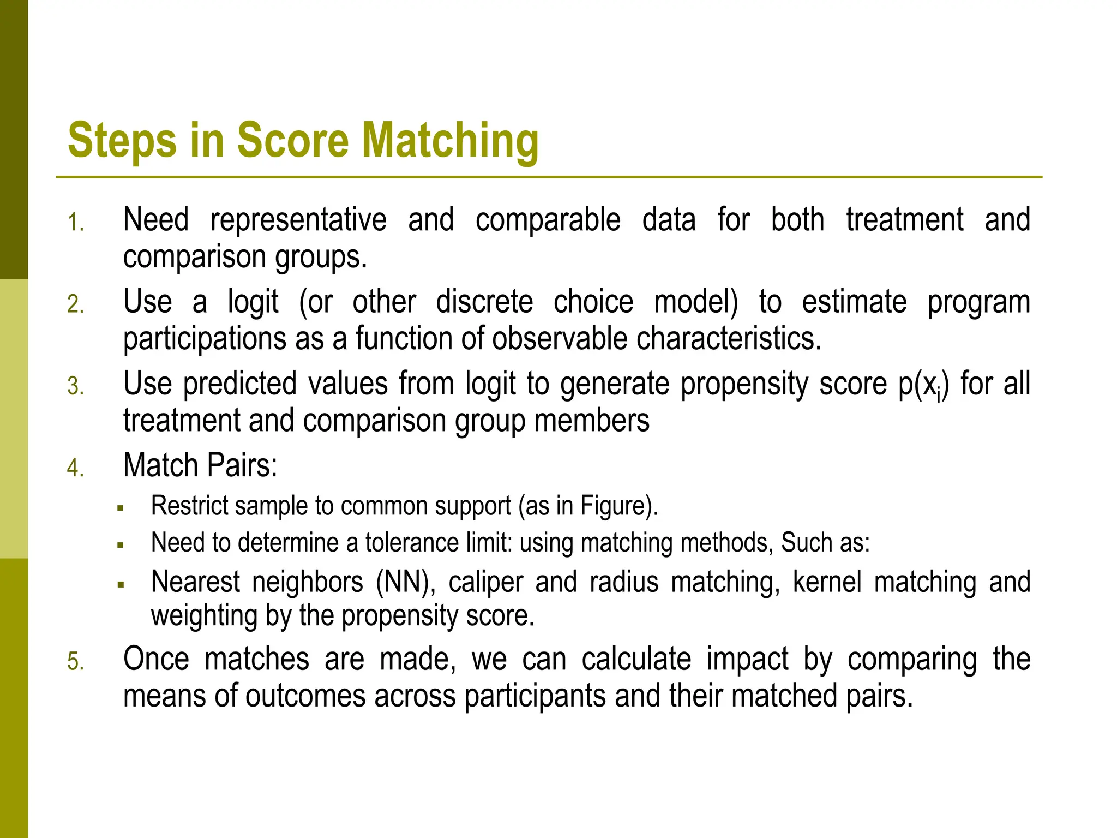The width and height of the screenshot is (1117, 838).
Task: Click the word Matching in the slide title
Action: pyautogui.click(x=450, y=141)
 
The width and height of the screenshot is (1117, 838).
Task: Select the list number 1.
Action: pyautogui.click(x=75, y=223)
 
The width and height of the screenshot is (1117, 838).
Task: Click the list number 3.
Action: pyautogui.click(x=75, y=386)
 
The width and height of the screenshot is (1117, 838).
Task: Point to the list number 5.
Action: pyautogui.click(x=75, y=662)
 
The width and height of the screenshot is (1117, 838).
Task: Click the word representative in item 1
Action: pyautogui.click(x=298, y=220)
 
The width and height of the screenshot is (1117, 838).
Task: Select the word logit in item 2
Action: pyautogui.click(x=253, y=302)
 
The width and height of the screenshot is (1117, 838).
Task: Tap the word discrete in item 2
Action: pyautogui.click(x=484, y=302)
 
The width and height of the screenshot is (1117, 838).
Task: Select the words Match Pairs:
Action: pyautogui.click(x=200, y=465)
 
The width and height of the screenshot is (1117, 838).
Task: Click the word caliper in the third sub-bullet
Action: pyautogui.click(x=485, y=582)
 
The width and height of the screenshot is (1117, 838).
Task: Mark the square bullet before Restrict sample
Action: pyautogui.click(x=121, y=508)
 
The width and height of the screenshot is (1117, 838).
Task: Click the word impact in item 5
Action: pyautogui.click(x=747, y=659)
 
